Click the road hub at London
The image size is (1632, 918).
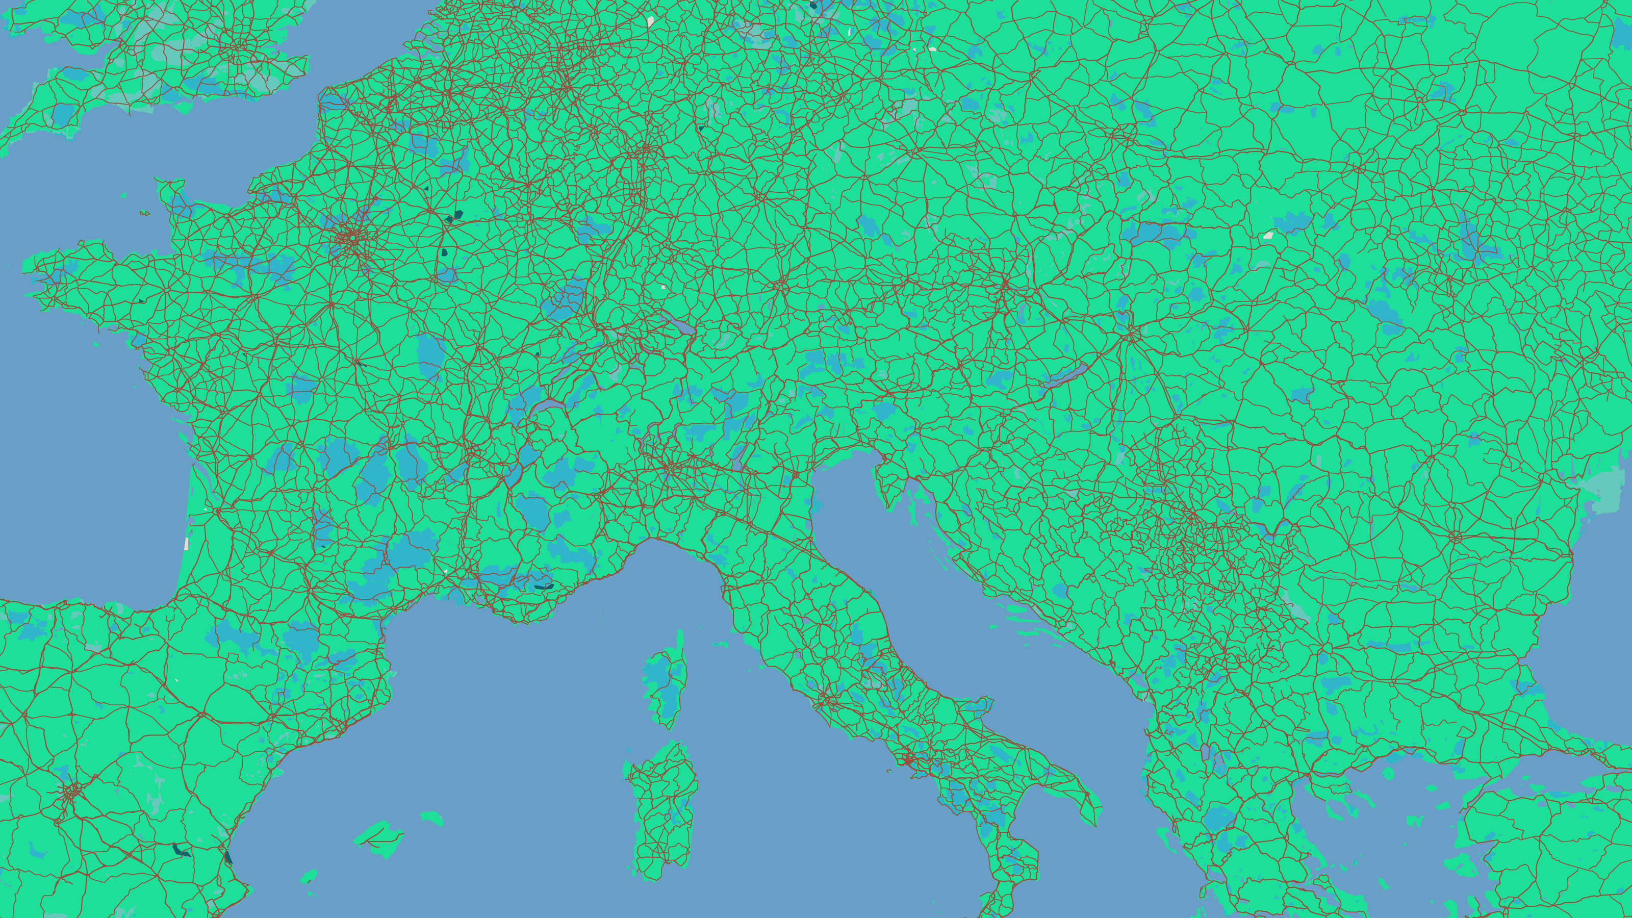click(238, 47)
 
